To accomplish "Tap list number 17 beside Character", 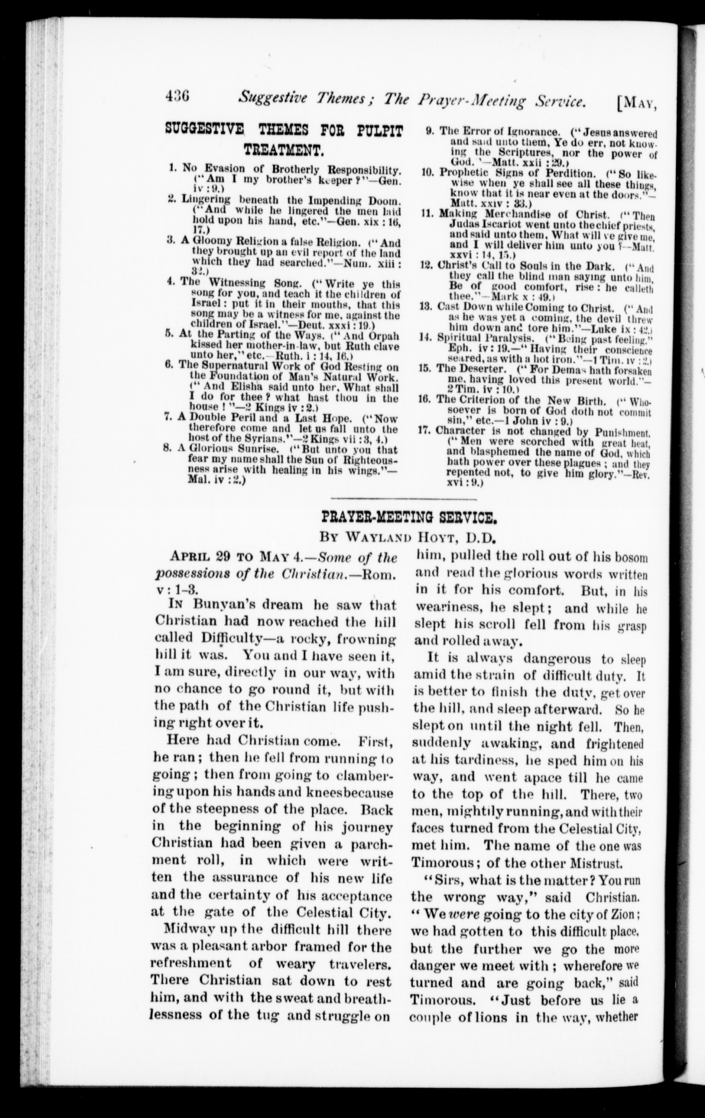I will pyautogui.click(x=423, y=430).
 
